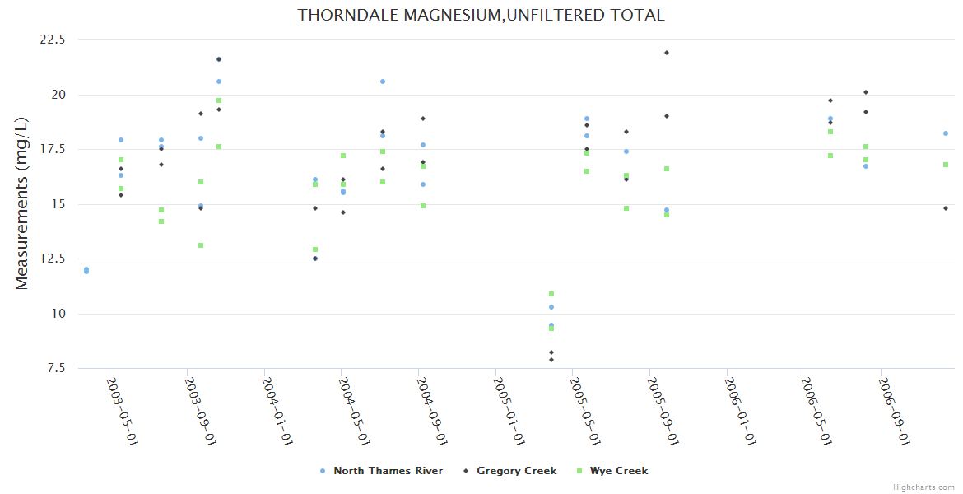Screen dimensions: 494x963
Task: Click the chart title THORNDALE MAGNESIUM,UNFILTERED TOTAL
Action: pos(481,15)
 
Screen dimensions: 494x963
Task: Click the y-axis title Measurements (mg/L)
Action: pos(22,203)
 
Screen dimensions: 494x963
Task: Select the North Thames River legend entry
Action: pos(388,471)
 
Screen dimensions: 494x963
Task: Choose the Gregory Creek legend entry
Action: pos(516,471)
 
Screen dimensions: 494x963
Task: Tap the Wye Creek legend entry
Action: pos(618,471)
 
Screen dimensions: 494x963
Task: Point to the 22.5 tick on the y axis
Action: pos(53,40)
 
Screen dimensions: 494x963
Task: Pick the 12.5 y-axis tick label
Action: pos(53,259)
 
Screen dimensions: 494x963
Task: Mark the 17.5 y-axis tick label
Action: pos(53,149)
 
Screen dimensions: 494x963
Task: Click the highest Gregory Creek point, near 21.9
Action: pos(667,53)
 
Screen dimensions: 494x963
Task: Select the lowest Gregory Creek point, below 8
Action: pos(551,360)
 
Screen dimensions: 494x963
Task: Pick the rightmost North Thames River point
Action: pos(946,133)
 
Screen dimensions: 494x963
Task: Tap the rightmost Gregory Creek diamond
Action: pos(946,208)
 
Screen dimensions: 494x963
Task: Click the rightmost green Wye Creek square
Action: pos(946,165)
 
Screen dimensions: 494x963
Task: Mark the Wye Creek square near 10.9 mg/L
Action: pos(551,294)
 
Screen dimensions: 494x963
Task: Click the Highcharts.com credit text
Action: pos(923,487)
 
